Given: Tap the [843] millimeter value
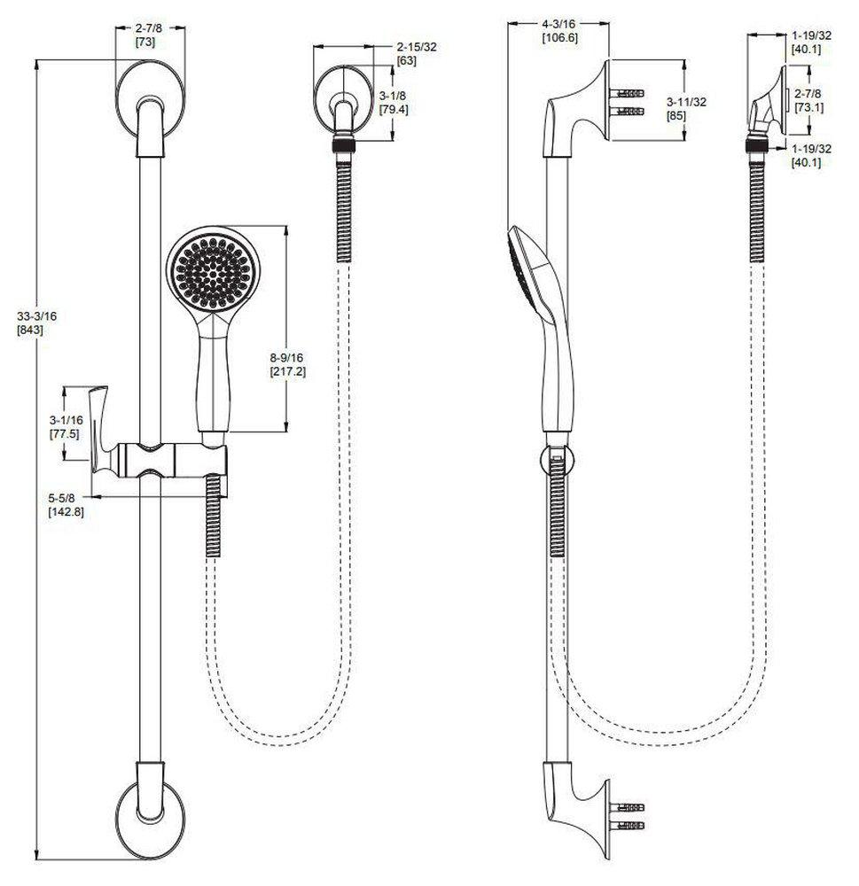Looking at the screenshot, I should pyautogui.click(x=31, y=330).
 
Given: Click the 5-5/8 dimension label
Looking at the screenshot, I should pyautogui.click(x=66, y=499).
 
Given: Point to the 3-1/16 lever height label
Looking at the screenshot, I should pyautogui.click(x=66, y=420).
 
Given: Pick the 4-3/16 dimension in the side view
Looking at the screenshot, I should pyautogui.click(x=559, y=24).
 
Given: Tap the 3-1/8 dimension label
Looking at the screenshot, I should pyautogui.click(x=393, y=95).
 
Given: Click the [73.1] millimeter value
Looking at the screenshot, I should pyautogui.click(x=808, y=107).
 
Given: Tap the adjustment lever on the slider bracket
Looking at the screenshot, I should pyautogui.click(x=104, y=430).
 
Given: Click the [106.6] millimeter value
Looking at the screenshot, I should pyautogui.click(x=559, y=38).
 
